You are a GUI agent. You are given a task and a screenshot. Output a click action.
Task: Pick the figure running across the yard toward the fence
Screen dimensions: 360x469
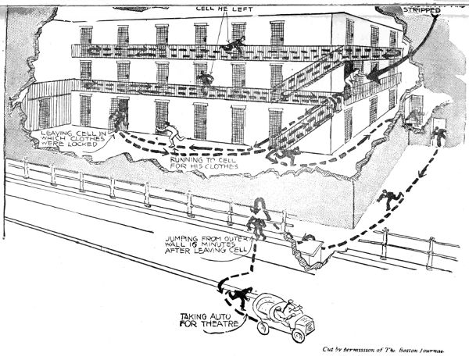387,199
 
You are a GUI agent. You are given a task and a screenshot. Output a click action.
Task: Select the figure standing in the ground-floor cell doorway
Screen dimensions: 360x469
120,119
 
